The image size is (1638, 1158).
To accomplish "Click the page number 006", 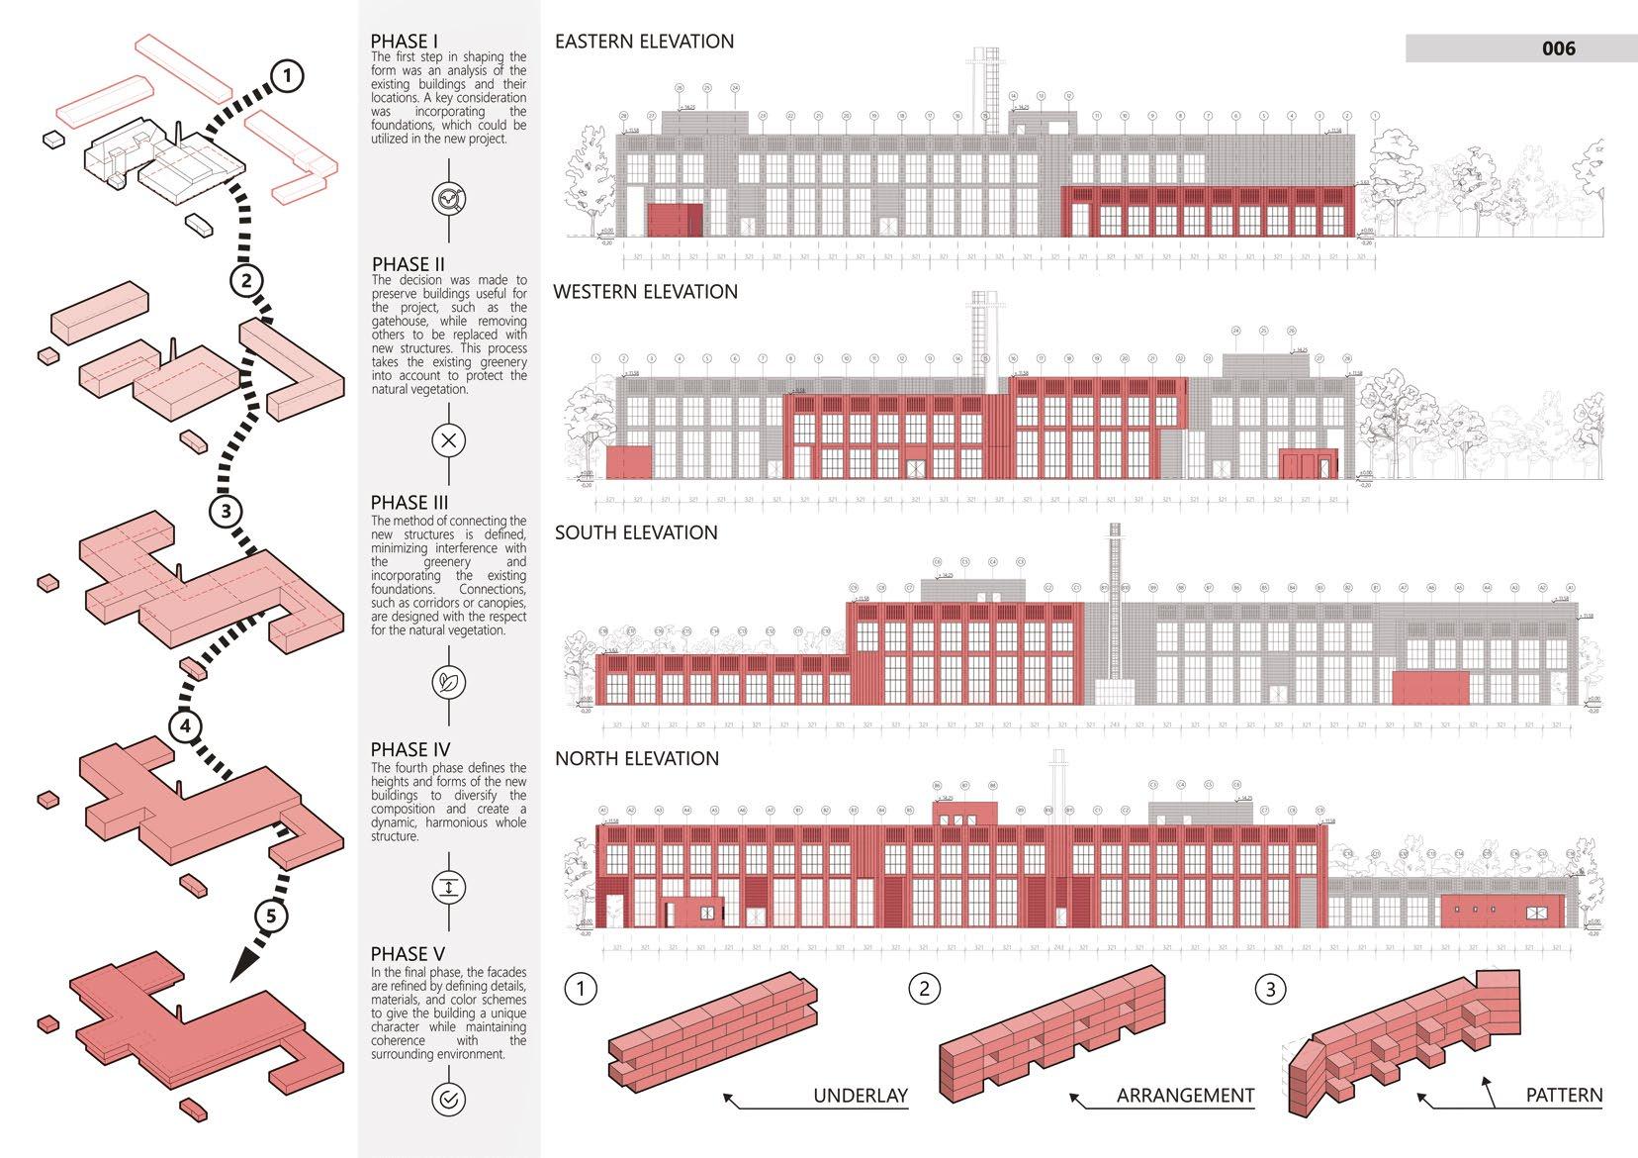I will [x=1558, y=48].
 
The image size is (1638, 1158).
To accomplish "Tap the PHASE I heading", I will [x=404, y=41].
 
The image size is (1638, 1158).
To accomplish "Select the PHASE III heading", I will [x=409, y=503].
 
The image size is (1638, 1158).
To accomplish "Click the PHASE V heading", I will [x=408, y=954].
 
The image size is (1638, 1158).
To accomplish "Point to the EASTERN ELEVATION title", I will [x=644, y=42].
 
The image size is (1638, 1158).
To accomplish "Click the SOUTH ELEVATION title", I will [x=636, y=532].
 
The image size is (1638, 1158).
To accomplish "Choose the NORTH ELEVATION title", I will [x=637, y=759].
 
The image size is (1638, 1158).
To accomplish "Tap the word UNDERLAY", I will [x=860, y=1096].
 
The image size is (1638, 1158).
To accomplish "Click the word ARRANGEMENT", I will [x=1185, y=1096].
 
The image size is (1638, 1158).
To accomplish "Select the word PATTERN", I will [x=1564, y=1096].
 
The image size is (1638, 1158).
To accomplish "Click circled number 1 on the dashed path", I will [x=286, y=76].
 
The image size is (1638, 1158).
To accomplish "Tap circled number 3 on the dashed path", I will [x=227, y=511].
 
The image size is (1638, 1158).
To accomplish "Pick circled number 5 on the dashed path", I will [x=271, y=916].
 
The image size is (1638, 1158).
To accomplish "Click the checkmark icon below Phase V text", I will [x=449, y=1099].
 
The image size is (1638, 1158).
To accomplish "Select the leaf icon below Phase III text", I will [x=449, y=682].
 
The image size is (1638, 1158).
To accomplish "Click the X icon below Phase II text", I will [x=449, y=440].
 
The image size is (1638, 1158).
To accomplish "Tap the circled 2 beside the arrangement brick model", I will [x=924, y=989].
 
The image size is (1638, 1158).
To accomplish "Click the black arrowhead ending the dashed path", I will [x=241, y=965].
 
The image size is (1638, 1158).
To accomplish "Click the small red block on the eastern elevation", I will [x=675, y=220].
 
